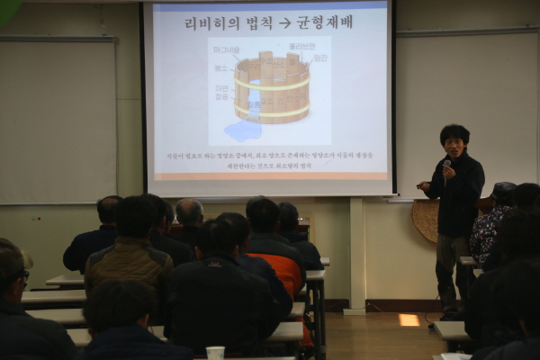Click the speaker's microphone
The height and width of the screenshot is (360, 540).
tap(446, 166)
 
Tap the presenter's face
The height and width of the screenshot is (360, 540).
tap(454, 146)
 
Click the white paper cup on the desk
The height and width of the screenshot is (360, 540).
tap(215, 353)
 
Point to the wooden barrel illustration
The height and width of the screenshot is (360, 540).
tap(271, 87)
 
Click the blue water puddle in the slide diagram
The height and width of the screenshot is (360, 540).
tap(242, 130)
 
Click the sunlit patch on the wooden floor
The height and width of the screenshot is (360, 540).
tap(409, 319)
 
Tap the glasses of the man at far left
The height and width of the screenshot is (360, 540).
tap(22, 274)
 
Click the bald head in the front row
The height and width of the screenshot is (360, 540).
tap(189, 212)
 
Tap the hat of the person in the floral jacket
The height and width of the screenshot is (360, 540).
tap(503, 191)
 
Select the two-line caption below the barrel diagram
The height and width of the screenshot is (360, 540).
tap(269, 161)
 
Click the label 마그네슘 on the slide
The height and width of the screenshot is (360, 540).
tap(228, 50)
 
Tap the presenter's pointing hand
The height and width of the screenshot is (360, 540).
tap(423, 185)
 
